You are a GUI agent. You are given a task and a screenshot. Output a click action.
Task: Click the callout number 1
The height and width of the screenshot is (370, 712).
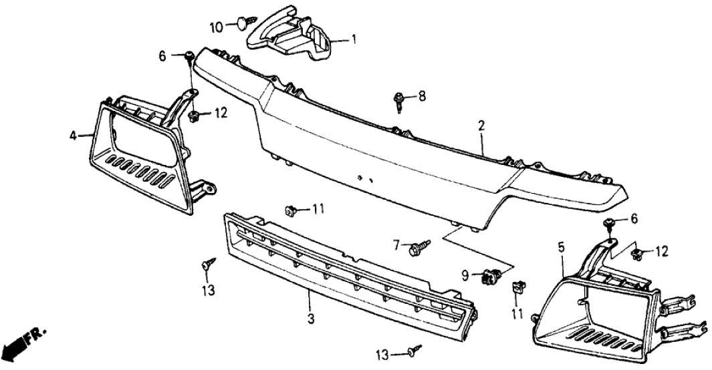coord(354,39)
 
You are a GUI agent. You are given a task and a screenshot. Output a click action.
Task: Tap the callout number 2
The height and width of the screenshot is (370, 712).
coord(481,125)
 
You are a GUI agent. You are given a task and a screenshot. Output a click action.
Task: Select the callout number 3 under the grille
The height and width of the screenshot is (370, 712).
coord(311,320)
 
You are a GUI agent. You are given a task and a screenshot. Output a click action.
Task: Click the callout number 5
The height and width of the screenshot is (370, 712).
coord(560,248)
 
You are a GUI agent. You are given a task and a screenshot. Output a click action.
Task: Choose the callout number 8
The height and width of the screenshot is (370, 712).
coord(421,96)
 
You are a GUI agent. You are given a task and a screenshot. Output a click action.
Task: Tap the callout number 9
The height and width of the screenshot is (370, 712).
coord(467,274)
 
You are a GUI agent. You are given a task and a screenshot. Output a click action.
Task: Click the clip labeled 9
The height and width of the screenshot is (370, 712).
coord(492,274)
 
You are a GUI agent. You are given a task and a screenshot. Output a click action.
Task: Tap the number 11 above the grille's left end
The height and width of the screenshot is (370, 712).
coord(318,209)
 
